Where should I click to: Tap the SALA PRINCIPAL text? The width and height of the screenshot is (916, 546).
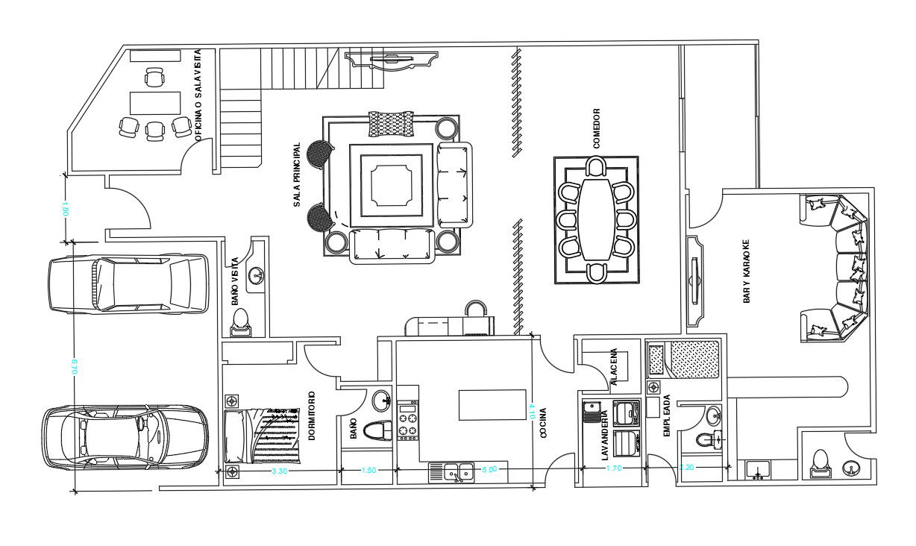[297, 175]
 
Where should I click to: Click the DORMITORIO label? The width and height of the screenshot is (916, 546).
[312, 416]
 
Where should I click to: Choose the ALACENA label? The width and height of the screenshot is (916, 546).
[613, 367]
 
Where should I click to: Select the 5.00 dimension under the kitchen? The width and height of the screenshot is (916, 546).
[489, 469]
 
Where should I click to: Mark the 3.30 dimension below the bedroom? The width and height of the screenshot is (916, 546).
[279, 471]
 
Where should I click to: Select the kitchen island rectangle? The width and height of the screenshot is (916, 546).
[486, 405]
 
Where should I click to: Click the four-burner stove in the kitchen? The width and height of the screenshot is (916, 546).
[407, 423]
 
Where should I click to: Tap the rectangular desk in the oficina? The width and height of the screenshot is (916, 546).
[155, 102]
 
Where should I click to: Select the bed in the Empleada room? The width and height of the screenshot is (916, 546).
[684, 359]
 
